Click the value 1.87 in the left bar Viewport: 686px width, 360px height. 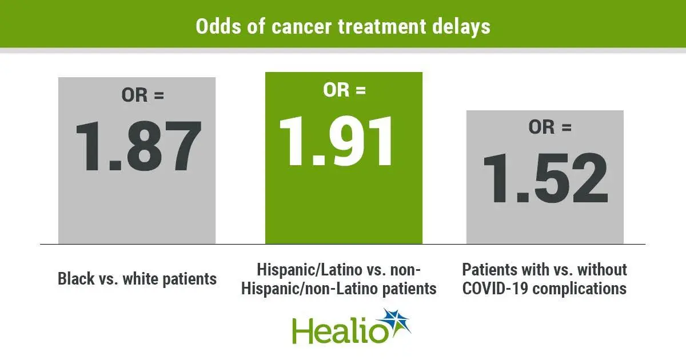click(x=138, y=146)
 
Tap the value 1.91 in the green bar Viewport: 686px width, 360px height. click(x=343, y=140)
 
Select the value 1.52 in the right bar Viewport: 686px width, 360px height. click(x=545, y=178)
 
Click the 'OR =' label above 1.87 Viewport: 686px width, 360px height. click(x=142, y=95)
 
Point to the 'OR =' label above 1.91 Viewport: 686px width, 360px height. click(x=344, y=90)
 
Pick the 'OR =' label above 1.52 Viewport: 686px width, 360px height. click(x=549, y=127)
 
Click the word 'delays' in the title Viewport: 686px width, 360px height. click(x=462, y=26)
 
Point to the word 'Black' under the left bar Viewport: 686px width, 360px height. click(x=76, y=279)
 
